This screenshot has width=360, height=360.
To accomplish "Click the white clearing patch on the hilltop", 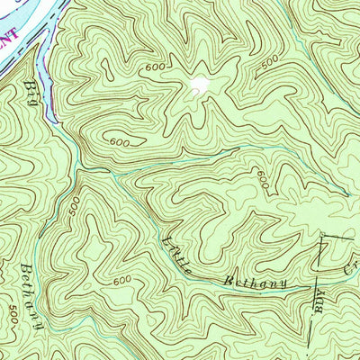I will [x=199, y=86].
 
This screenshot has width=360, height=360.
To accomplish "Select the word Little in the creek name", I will [x=182, y=255].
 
